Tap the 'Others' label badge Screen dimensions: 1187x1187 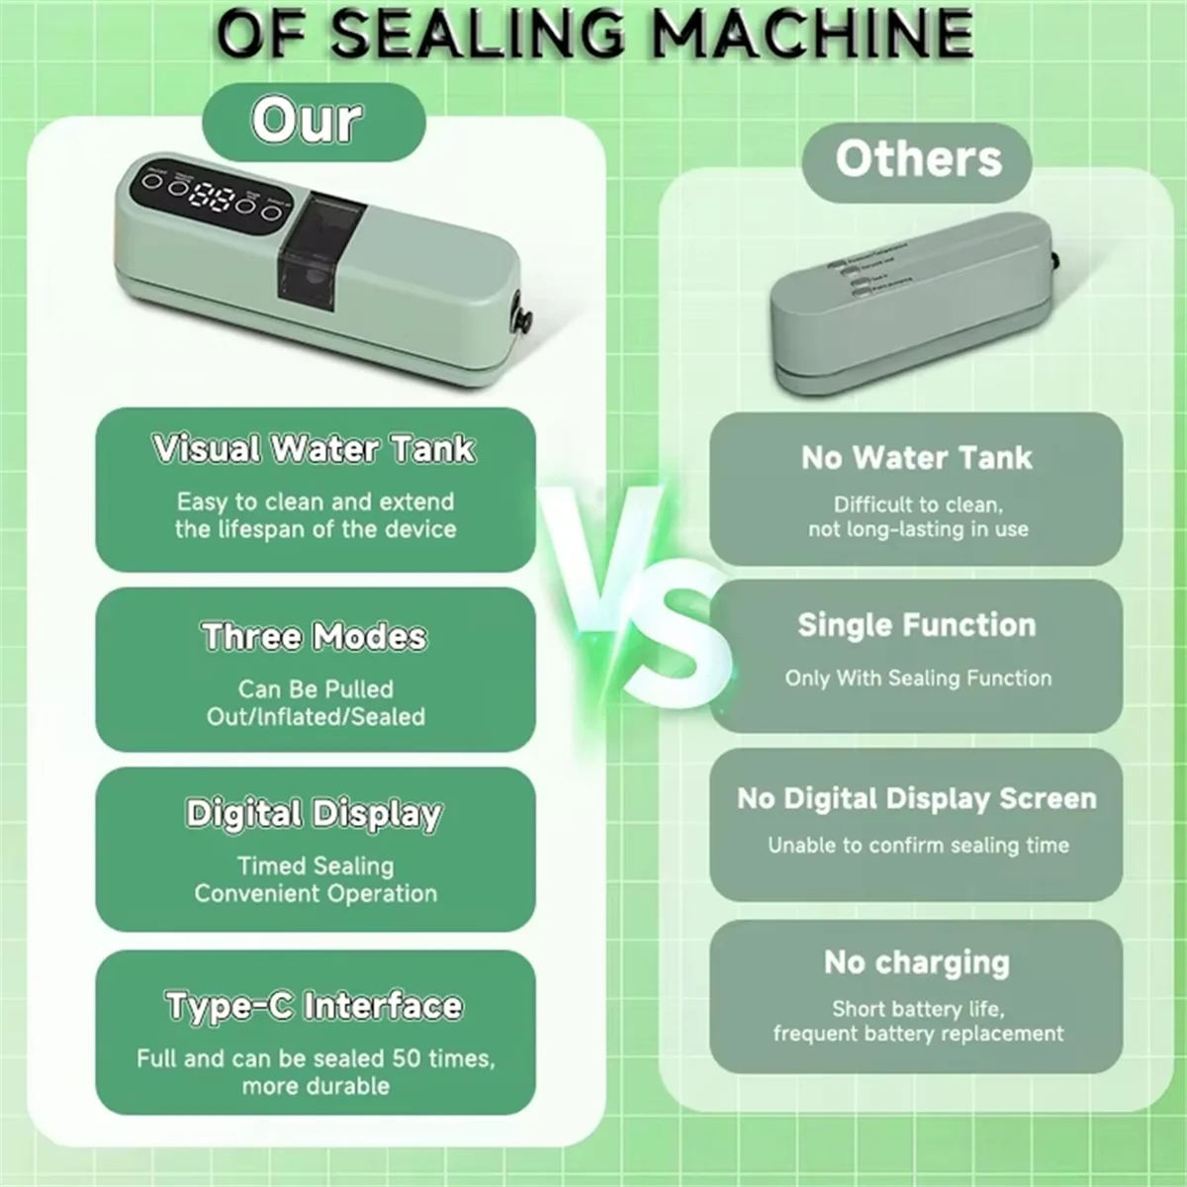[917, 159]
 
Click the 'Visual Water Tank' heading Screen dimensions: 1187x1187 [315, 449]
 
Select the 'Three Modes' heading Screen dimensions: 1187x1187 [315, 636]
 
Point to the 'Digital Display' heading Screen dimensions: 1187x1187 [315, 814]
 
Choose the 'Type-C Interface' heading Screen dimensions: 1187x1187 [315, 1006]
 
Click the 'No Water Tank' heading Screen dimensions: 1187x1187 [916, 458]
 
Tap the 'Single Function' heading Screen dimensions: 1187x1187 [916, 625]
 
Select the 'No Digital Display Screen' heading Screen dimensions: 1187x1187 [916, 799]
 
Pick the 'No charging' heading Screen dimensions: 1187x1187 [916, 962]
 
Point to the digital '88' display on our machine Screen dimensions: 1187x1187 [214, 196]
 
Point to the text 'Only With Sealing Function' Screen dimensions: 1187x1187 [918, 679]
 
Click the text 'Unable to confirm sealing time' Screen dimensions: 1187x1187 [918, 846]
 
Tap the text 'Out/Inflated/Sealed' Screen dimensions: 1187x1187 [316, 716]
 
